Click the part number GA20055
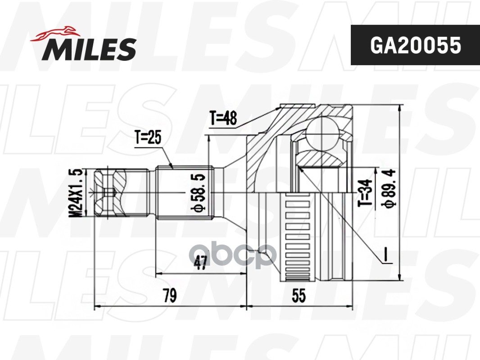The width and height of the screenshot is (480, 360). (415, 45)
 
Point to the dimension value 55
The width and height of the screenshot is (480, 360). (298, 296)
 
